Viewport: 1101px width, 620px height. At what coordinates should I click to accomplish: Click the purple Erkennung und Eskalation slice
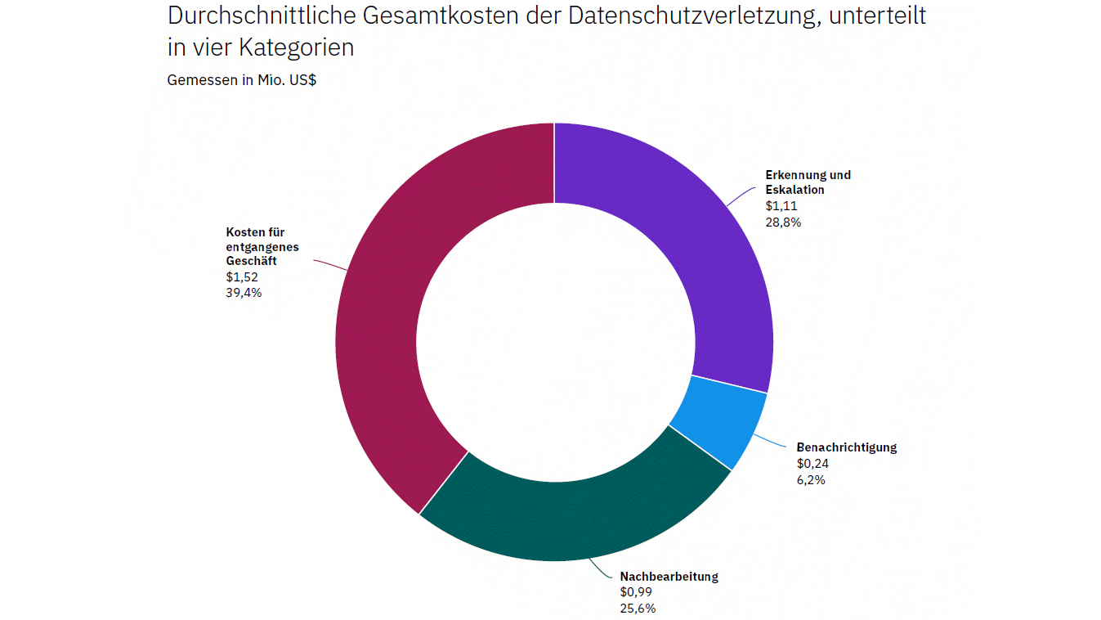pyautogui.click(x=703, y=246)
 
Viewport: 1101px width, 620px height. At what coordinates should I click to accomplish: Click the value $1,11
pyautogui.click(x=781, y=206)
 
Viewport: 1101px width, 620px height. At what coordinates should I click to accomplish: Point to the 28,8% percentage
pyautogui.click(x=783, y=222)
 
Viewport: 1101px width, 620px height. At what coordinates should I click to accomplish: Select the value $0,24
pyautogui.click(x=812, y=463)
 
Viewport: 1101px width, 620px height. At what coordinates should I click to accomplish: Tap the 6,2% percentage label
pyautogui.click(x=811, y=480)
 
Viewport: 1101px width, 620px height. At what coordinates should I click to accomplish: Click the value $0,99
pyautogui.click(x=636, y=592)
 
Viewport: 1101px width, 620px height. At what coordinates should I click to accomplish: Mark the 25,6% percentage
pyautogui.click(x=638, y=609)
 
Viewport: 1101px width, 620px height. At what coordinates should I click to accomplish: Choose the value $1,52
pyautogui.click(x=242, y=276)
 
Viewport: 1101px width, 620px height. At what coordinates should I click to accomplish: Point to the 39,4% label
pyautogui.click(x=244, y=293)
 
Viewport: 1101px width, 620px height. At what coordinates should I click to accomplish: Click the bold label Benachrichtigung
pyautogui.click(x=847, y=447)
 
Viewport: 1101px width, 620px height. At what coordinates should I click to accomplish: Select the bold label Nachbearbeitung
pyautogui.click(x=669, y=577)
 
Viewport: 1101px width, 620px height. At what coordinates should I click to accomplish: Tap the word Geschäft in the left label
pyautogui.click(x=251, y=261)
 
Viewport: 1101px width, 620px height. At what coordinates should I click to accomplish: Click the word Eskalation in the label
pyautogui.click(x=794, y=190)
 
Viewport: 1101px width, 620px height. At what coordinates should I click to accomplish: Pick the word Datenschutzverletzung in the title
pyautogui.click(x=695, y=16)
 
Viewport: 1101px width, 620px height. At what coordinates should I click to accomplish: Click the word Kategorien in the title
pyautogui.click(x=296, y=48)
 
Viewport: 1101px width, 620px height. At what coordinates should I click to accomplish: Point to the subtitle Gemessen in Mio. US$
pyautogui.click(x=241, y=80)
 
